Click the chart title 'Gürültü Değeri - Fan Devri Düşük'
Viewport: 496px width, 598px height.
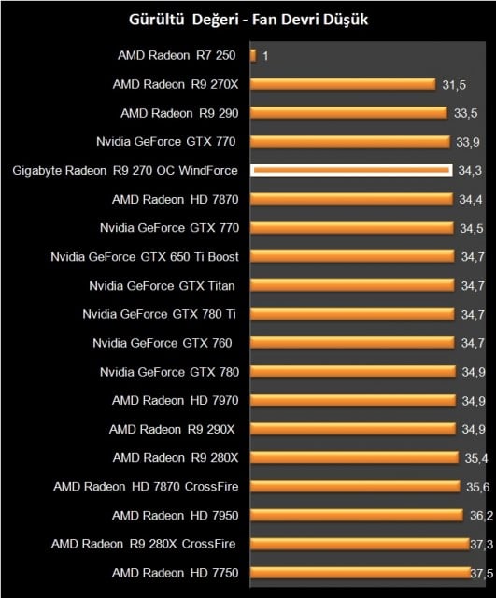[x=248, y=20]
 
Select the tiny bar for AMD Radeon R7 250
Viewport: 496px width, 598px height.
[x=252, y=56]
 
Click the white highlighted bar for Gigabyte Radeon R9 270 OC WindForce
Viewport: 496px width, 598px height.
[x=351, y=170]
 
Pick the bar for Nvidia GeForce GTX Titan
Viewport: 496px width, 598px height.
[x=353, y=286]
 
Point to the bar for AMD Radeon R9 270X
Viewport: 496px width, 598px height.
[x=343, y=84]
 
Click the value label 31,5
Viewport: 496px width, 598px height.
[x=454, y=85]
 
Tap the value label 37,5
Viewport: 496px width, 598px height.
[x=480, y=573]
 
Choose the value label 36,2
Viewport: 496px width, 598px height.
[x=479, y=515]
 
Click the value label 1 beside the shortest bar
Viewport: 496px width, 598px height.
[x=265, y=56]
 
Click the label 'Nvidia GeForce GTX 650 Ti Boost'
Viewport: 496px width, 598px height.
[x=145, y=257]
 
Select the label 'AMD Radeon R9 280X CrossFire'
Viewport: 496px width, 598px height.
[x=145, y=544]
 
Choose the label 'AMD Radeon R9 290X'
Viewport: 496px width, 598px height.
[x=174, y=429]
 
